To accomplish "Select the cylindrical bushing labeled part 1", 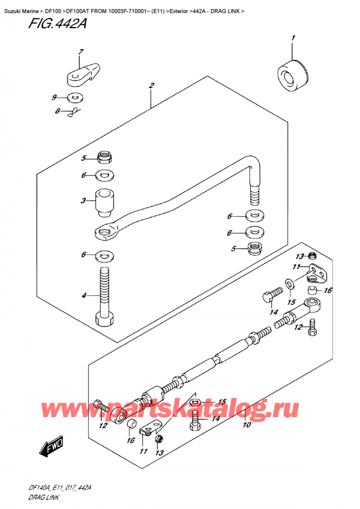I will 292,75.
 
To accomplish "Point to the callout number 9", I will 54,97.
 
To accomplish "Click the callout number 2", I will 153,86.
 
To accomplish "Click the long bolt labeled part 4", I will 104,294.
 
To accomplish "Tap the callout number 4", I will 85,295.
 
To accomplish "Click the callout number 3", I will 85,202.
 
